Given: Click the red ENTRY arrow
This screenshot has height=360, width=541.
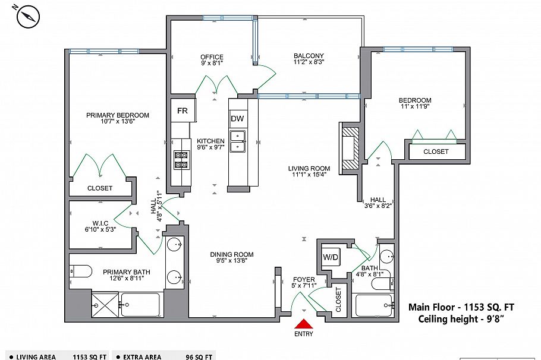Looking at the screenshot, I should tap(304, 324).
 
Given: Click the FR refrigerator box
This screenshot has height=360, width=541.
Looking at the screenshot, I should tap(183, 111).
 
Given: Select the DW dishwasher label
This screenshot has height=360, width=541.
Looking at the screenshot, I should tap(238, 118).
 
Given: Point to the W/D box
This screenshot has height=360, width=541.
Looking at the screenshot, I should tap(331, 257).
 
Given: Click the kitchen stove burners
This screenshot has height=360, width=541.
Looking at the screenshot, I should tap(180, 159).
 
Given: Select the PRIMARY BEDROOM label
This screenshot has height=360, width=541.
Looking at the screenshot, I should tap(118, 115).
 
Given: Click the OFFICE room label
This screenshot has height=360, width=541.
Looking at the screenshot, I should tap(212, 57).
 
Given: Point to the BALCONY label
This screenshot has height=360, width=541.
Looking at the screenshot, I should tap(309, 56).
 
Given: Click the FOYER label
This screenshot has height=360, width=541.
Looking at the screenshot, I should tap(304, 279).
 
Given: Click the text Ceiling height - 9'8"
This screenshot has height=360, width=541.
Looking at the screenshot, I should tap(461, 320).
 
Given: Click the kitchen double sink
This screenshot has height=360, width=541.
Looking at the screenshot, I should tap(238, 141).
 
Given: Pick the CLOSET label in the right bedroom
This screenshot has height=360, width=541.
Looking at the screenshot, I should tap(436, 151).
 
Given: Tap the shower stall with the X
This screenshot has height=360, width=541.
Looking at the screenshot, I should tap(106, 305).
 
